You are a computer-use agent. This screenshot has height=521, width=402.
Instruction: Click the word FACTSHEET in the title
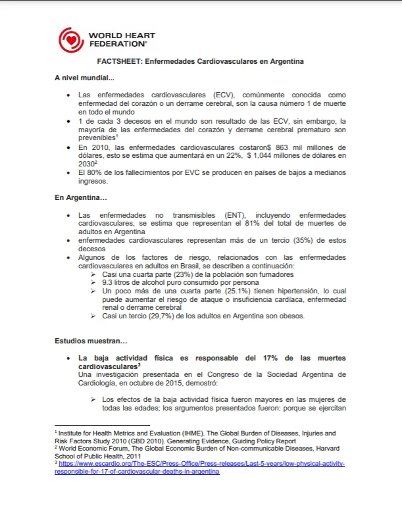click(x=118, y=61)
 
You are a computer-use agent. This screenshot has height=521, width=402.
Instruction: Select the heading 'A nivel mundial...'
click(x=84, y=78)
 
